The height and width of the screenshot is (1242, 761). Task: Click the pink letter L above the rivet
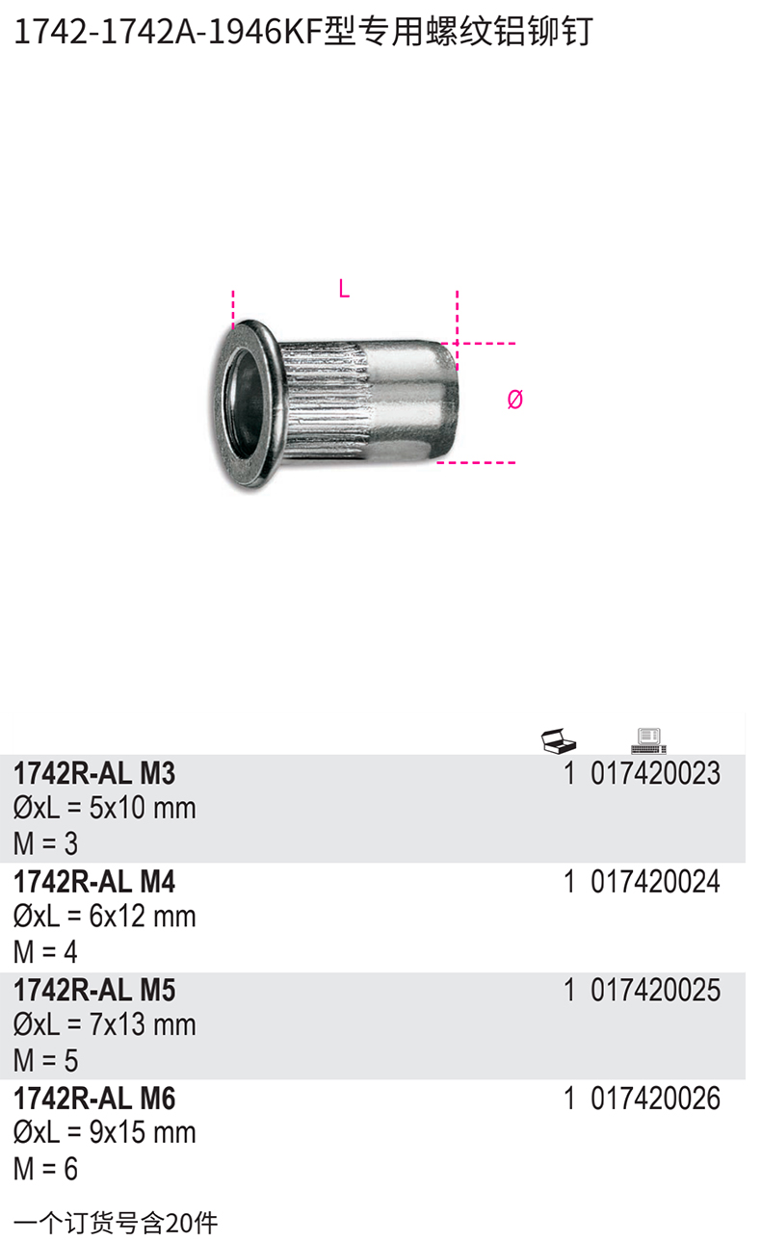[x=344, y=289]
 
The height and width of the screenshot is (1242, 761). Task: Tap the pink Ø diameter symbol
[x=514, y=400]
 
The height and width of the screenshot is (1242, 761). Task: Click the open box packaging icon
[x=559, y=740]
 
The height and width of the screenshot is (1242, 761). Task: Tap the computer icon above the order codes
[x=648, y=741]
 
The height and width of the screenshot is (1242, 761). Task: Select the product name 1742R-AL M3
[x=94, y=773]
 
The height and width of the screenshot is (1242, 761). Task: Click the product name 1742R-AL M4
[x=94, y=882]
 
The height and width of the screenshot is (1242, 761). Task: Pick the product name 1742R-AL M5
[x=94, y=991]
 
